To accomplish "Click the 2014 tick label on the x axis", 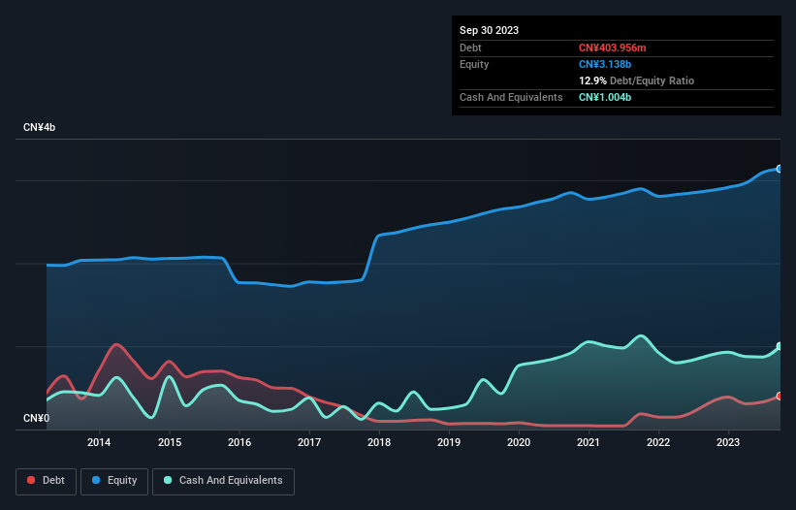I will [x=99, y=443].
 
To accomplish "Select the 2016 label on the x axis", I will [x=239, y=443].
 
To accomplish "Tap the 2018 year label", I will [x=379, y=443].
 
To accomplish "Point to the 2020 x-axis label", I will [x=519, y=443].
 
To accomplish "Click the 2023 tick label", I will [x=728, y=443].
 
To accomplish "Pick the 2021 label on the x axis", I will [x=589, y=443].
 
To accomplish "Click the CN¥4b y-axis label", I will [x=40, y=128].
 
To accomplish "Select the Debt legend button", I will [x=46, y=480].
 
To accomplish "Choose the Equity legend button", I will [x=115, y=480].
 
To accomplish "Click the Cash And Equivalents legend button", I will [x=223, y=480].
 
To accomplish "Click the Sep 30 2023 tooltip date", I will [x=489, y=30].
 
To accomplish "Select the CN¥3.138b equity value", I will [x=606, y=64].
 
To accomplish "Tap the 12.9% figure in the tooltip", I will [x=593, y=80].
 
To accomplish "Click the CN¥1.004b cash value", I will [x=606, y=97].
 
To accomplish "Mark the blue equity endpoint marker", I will [x=779, y=169].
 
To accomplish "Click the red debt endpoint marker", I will [x=779, y=396].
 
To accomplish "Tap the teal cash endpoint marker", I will [x=779, y=346].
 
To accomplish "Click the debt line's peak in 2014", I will [x=116, y=344].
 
